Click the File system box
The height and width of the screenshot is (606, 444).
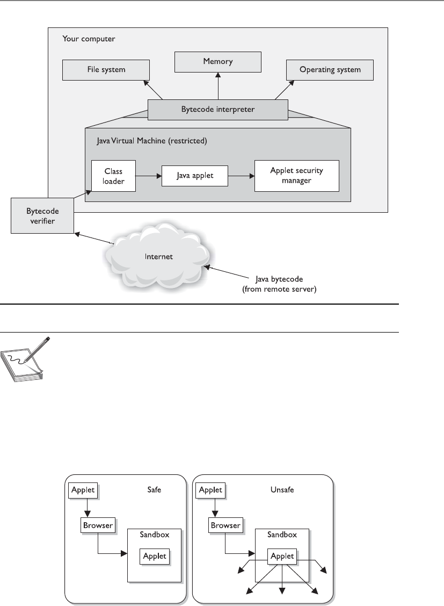tap(106, 70)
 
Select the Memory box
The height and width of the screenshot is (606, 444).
tap(218, 62)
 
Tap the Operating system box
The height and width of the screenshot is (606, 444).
tap(330, 70)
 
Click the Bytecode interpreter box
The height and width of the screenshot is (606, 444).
tap(218, 110)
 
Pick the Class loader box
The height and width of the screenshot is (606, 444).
tap(113, 176)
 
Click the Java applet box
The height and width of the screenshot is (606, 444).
tap(194, 176)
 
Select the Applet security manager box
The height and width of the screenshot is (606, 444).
tap(296, 176)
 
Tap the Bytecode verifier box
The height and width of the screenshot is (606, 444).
tap(42, 215)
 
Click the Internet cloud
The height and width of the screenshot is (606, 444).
tap(158, 257)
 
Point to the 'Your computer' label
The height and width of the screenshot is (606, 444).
tap(89, 39)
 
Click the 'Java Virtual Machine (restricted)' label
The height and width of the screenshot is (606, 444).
tap(152, 141)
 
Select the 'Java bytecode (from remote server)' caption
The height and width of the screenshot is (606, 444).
tap(279, 284)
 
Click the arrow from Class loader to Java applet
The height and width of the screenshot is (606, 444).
tap(149, 176)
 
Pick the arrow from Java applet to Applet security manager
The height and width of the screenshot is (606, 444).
tap(241, 176)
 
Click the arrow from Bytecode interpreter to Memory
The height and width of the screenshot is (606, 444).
tap(218, 86)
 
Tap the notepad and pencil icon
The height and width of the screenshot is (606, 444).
tap(25, 359)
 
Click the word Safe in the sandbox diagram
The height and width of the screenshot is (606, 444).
tap(154, 489)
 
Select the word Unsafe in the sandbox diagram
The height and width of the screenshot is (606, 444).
tap(282, 489)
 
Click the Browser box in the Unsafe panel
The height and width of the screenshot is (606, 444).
tap(226, 525)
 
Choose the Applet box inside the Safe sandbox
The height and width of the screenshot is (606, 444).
tap(155, 557)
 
